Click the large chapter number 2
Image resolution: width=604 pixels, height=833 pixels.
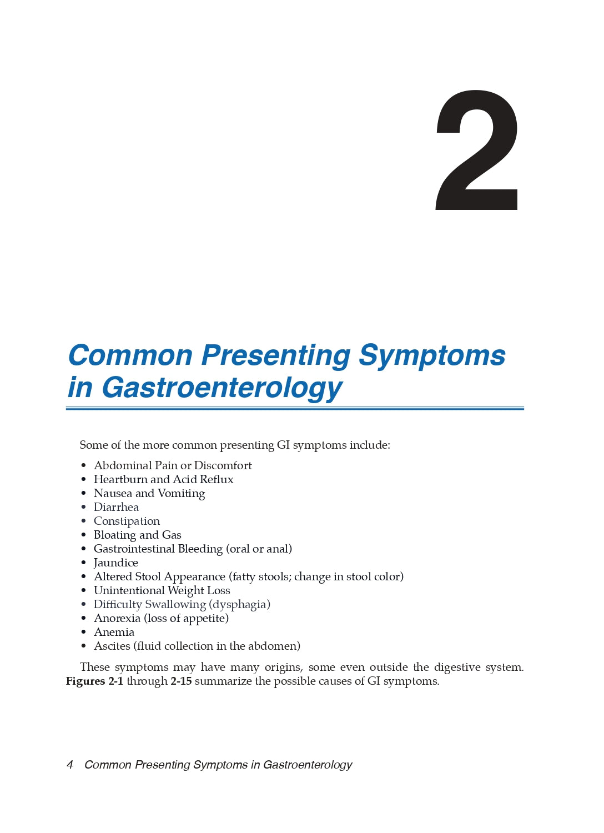tap(477, 150)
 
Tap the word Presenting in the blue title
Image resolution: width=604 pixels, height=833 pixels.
tap(275, 355)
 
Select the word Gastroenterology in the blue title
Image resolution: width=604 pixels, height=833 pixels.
tap(222, 388)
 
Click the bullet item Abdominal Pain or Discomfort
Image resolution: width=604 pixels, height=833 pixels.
tap(173, 465)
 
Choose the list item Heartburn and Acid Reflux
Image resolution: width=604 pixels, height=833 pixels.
tap(163, 479)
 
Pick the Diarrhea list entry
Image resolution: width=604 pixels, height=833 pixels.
tap(116, 507)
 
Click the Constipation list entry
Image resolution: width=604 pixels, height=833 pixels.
tap(127, 521)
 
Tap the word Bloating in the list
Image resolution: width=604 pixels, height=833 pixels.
tap(114, 535)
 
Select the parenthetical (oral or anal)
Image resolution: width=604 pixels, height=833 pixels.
tap(259, 549)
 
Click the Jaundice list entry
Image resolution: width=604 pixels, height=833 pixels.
tap(115, 563)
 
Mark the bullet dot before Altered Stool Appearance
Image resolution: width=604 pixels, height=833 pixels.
tap(84, 577)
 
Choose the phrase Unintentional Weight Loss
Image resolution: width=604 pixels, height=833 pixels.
tap(162, 590)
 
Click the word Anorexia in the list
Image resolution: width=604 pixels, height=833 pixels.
tap(117, 618)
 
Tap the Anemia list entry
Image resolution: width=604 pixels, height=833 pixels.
tap(114, 632)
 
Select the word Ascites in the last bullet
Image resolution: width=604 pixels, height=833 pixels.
tap(112, 646)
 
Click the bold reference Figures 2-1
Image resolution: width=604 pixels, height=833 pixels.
tap(94, 681)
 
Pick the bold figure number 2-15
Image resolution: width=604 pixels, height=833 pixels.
tap(181, 681)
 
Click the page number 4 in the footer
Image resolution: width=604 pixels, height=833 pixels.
tap(70, 765)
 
